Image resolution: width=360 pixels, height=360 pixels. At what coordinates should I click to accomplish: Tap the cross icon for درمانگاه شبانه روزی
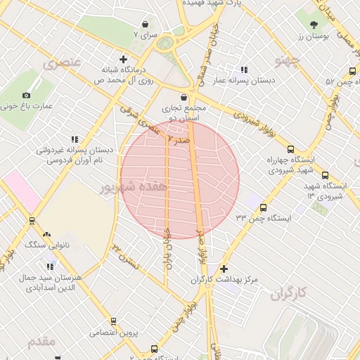point(124,59)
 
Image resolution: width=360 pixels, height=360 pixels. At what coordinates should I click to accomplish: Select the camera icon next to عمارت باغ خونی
point(27,95)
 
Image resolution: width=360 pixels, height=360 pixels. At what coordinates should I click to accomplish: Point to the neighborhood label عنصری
point(62,65)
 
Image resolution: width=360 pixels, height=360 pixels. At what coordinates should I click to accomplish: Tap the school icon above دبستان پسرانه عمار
point(244,70)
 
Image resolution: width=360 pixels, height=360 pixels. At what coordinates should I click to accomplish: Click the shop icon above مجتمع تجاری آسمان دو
point(184,97)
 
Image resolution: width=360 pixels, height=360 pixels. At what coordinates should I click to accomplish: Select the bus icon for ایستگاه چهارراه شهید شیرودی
point(271,147)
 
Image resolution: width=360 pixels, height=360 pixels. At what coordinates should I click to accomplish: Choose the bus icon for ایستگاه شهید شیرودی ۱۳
point(325,175)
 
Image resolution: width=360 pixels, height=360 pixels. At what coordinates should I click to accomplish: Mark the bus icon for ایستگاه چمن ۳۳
point(263,207)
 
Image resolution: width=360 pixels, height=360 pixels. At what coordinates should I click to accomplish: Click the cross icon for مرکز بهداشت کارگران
point(224,269)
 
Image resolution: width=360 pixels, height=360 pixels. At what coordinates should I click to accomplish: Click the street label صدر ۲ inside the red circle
point(179,140)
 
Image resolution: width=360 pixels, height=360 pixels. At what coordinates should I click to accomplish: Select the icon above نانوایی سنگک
point(46,234)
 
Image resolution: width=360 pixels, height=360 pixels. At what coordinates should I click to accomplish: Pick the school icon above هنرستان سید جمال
point(50,266)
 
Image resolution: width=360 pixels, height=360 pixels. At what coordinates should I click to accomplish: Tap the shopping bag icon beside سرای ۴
point(155,347)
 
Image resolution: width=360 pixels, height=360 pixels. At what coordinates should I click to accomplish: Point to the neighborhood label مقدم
point(41,342)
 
